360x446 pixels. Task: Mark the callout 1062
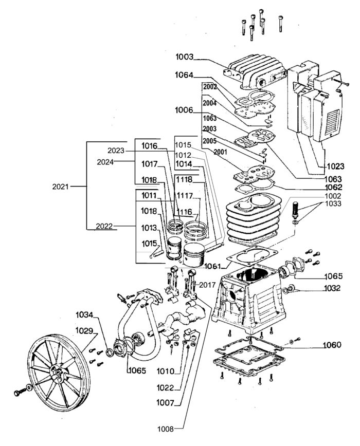coord(334,188)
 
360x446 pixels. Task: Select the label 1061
coord(212,266)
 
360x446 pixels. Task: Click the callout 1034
coord(85,314)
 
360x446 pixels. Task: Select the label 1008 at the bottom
coord(165,428)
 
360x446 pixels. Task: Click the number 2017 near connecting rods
coord(207,285)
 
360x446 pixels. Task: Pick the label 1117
coord(185,196)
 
